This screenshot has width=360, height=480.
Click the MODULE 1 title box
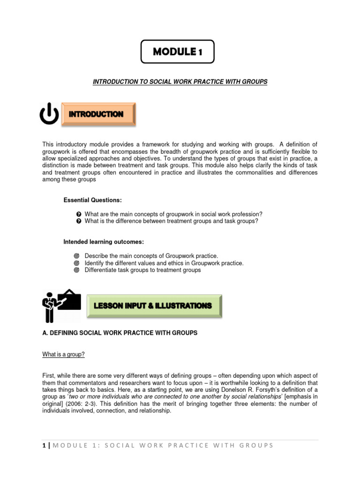pyautogui.click(x=178, y=52)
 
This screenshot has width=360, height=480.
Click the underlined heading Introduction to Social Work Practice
pyautogui.click(x=180, y=82)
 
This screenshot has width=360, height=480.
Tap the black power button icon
pyautogui.click(x=49, y=114)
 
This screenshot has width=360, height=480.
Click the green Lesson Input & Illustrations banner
pyautogui.click(x=155, y=306)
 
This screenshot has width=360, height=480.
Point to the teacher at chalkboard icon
pyautogui.click(x=61, y=306)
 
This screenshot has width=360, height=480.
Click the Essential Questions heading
pyautogui.click(x=93, y=200)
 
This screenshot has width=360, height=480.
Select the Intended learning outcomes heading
pyautogui.click(x=104, y=242)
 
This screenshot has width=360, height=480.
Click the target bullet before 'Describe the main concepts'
pyautogui.click(x=77, y=256)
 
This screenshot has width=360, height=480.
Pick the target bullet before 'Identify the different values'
pyautogui.click(x=77, y=263)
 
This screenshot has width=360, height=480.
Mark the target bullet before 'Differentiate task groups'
pyautogui.click(x=77, y=270)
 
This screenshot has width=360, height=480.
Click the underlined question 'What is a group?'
pyautogui.click(x=64, y=355)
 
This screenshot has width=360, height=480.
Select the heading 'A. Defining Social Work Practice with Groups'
pyautogui.click(x=120, y=333)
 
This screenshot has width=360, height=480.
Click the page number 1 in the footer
pyautogui.click(x=44, y=445)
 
